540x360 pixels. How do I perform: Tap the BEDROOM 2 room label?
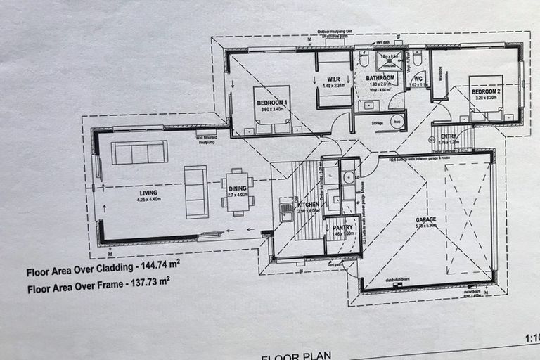485,92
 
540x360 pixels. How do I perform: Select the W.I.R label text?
333,79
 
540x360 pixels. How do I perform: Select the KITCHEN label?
308,204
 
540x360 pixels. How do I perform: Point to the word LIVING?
148,192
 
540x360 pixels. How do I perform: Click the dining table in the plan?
238,190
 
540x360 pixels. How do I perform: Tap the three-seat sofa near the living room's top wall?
139,152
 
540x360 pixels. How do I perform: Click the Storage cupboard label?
377,123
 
